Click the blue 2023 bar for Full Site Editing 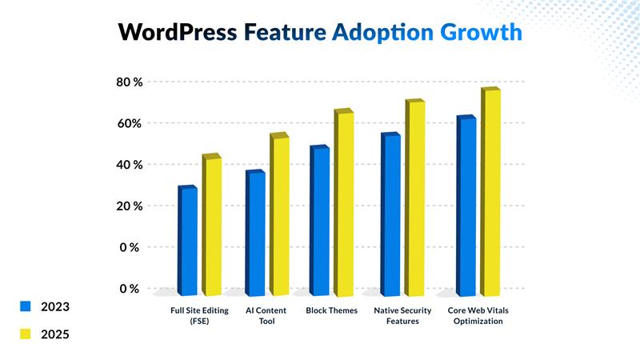pos(188,240)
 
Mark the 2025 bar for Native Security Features pos(415,197)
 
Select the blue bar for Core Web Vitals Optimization pos(466,206)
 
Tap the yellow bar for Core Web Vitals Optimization pos(490,191)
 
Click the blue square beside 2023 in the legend pos(25,306)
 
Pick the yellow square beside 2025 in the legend pos(25,334)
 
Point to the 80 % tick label pos(127,82)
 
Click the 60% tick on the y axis pos(127,123)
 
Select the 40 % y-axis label pos(127,165)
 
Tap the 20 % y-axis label pos(127,206)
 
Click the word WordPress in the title pos(177,32)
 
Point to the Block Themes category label pos(330,310)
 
